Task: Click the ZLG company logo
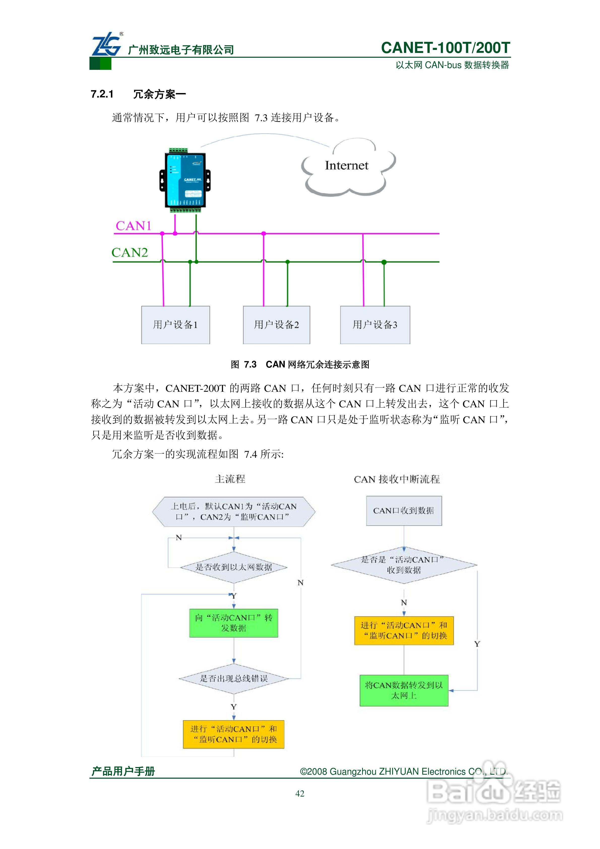click(107, 45)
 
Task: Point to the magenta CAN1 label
click(134, 226)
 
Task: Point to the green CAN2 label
click(130, 253)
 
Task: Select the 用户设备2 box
click(276, 325)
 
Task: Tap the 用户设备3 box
click(375, 325)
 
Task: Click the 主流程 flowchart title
click(230, 479)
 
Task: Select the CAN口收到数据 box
click(404, 511)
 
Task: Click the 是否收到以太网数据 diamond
click(233, 567)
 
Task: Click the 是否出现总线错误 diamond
click(233, 679)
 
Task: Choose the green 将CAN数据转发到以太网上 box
click(404, 690)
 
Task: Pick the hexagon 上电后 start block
click(234, 512)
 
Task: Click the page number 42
click(300, 794)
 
